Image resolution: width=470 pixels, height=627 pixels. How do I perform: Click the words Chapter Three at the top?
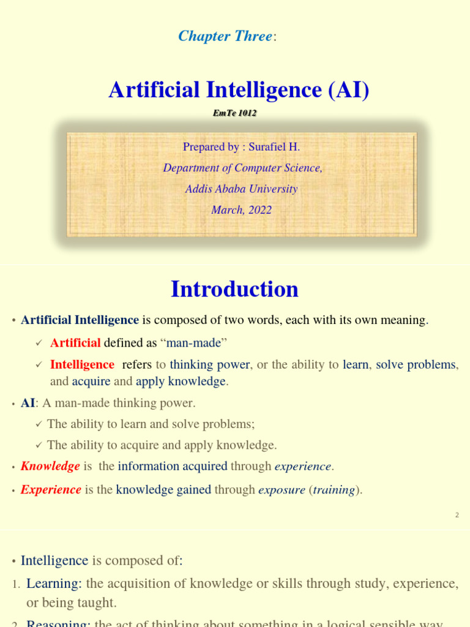[225, 36]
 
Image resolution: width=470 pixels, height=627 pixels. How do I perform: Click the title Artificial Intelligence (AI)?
[239, 90]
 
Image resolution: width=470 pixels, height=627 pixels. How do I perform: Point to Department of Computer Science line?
[242, 168]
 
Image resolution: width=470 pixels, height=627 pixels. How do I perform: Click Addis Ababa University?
[241, 189]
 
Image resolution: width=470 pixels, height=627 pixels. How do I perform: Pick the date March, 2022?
[241, 209]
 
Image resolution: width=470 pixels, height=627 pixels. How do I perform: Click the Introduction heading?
[234, 289]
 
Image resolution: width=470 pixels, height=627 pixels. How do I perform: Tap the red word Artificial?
[75, 343]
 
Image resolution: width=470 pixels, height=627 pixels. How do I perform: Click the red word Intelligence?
[82, 364]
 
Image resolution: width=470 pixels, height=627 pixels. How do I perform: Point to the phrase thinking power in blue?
[210, 364]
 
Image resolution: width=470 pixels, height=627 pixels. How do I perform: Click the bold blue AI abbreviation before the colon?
[28, 403]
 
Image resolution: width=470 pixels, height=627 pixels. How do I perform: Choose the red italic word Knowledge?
[50, 466]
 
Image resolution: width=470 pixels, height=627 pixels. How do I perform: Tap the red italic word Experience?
[51, 489]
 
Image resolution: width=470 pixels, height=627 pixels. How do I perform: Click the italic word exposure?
[281, 489]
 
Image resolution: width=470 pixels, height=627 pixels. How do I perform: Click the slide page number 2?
[457, 515]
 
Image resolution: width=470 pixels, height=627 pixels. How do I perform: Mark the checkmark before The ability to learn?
[39, 424]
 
